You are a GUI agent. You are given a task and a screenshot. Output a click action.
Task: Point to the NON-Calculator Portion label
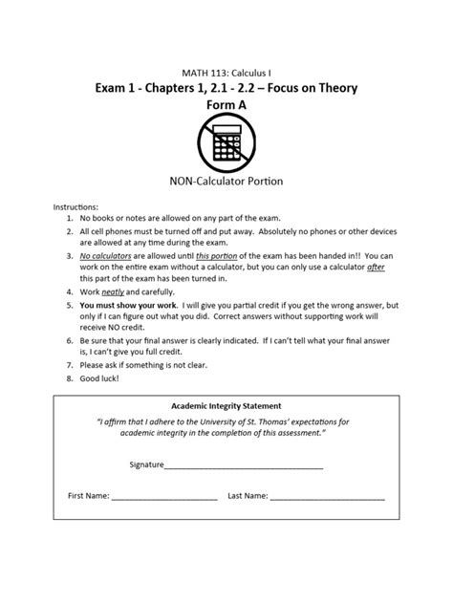[x=226, y=182]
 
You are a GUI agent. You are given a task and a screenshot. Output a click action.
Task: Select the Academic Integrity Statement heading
[x=226, y=405]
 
